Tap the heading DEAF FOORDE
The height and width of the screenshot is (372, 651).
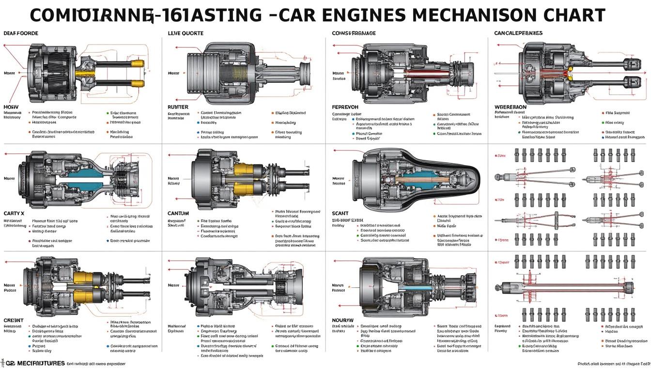[x=21, y=33]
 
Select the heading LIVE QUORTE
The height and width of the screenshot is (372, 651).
[x=186, y=33]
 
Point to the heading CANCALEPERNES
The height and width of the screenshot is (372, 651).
[x=518, y=33]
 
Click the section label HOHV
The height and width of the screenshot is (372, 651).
[x=11, y=106]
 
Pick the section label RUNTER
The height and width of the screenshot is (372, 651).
[x=178, y=107]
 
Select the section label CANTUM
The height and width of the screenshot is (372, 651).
[x=178, y=213]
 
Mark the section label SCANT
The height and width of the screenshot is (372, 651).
[x=341, y=213]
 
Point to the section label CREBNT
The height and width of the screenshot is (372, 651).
[x=14, y=320]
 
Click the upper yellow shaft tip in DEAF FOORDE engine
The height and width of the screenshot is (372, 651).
[x=140, y=63]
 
